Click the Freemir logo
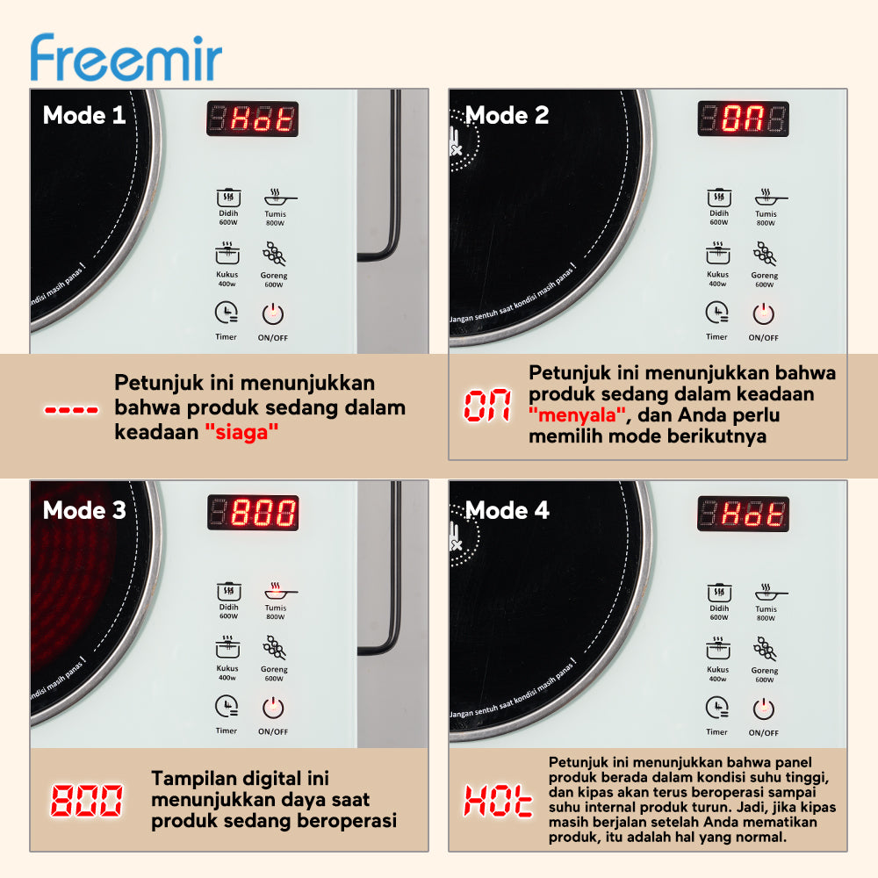[126, 58]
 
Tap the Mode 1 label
[84, 115]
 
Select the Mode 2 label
[507, 115]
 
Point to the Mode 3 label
[84, 510]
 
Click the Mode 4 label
[507, 510]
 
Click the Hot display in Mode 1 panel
[252, 119]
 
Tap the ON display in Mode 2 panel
[743, 119]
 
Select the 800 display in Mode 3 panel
[252, 513]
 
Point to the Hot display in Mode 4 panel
[743, 513]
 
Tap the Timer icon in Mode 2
[716, 312]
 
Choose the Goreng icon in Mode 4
[764, 649]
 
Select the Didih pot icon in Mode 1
[228, 197]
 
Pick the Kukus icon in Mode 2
[717, 255]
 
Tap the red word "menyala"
[577, 414]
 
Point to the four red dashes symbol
[71, 410]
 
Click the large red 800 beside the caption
[86, 801]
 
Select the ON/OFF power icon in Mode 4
[764, 708]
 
